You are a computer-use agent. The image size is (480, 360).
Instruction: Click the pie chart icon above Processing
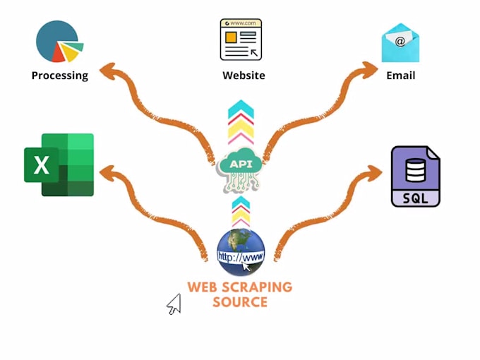tap(59, 42)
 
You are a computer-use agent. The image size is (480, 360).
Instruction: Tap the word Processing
tap(60, 76)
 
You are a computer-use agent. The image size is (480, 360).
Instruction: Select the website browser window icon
tap(241, 40)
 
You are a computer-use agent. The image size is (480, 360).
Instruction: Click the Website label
tap(244, 76)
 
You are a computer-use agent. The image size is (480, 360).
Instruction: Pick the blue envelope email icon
tap(400, 44)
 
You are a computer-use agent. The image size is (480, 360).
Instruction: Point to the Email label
tap(400, 76)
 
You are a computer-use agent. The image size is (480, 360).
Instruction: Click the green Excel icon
tap(59, 164)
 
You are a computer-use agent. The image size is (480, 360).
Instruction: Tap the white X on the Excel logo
tap(42, 165)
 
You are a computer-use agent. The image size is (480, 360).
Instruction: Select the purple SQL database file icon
tap(416, 176)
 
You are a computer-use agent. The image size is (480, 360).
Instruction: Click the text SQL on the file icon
tap(415, 198)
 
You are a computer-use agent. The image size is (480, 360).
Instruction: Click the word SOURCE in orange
tap(240, 302)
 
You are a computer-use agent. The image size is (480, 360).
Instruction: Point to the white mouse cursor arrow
tap(174, 304)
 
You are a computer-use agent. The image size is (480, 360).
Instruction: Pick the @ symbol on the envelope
tap(400, 42)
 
